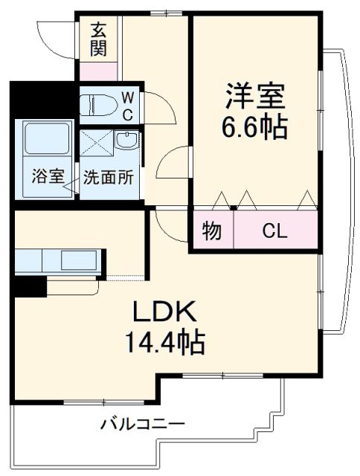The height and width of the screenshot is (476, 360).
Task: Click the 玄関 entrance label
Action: coord(99,40)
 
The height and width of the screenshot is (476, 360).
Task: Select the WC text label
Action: coord(126,106)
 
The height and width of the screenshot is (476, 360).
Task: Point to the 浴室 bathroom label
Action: coord(46,178)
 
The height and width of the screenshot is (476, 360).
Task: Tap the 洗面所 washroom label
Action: coord(109,178)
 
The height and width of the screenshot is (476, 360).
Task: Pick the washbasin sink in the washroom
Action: coord(128,141)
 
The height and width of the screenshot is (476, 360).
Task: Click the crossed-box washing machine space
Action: coord(95,141)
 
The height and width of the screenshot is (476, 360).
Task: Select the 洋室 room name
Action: coord(255,97)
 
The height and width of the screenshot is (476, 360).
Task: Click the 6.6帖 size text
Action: coord(255,127)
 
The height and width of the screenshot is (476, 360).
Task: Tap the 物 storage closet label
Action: coord(212,231)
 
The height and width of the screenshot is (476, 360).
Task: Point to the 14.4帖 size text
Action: coord(165,343)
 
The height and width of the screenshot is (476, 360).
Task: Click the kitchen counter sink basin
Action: coord(78,261)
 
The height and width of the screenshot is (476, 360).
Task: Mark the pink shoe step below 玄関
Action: coord(99,72)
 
